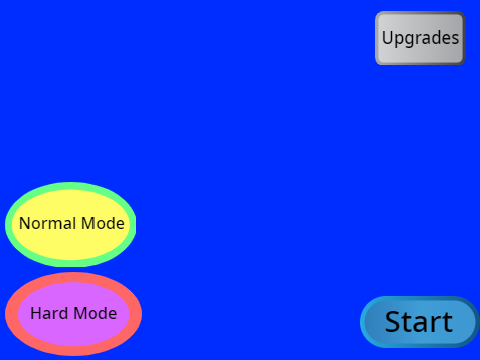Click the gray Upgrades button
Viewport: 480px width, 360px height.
tap(420, 38)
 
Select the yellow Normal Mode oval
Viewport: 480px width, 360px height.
tap(71, 225)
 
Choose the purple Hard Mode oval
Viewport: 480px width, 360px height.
tap(73, 314)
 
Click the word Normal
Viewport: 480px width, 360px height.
tap(48, 223)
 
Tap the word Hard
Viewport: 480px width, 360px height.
tap(49, 313)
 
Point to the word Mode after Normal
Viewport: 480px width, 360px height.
tap(103, 223)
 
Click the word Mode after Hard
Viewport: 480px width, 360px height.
tap(95, 313)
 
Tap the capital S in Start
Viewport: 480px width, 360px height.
tap(394, 322)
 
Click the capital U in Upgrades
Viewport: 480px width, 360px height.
tap(388, 37)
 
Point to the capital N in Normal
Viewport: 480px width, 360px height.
tap(25, 223)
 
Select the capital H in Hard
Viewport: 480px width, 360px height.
tap(36, 313)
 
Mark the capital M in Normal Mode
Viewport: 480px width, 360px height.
tap(89, 223)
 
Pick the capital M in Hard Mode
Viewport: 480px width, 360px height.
tap(81, 313)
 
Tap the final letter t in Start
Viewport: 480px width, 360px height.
tap(447, 322)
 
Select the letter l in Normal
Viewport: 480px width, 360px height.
tap(76, 223)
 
